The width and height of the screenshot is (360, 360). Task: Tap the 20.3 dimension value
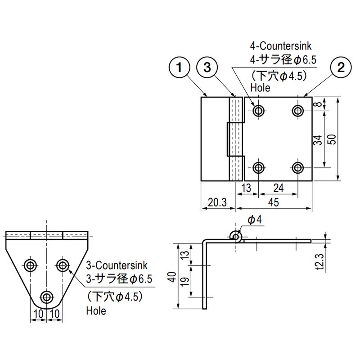[x=218, y=202]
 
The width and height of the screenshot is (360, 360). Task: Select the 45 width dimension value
[x=274, y=202]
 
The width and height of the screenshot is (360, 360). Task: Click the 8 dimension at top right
[x=318, y=104]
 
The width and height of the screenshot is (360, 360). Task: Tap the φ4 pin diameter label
[x=255, y=220]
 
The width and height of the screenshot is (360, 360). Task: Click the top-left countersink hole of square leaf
[x=258, y=110]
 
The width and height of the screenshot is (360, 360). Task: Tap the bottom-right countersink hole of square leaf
[x=297, y=168]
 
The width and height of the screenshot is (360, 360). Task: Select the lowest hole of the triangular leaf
[x=46, y=297]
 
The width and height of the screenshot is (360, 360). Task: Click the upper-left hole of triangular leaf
[x=31, y=265]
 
